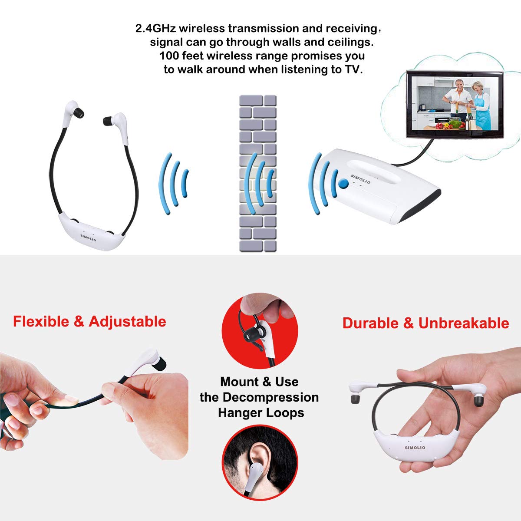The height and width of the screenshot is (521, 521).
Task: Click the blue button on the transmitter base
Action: click(343, 184)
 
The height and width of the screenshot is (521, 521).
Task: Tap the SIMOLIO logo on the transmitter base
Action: click(360, 179)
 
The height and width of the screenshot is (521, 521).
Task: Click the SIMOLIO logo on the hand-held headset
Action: click(415, 448)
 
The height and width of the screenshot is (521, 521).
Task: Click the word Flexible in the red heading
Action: click(41, 321)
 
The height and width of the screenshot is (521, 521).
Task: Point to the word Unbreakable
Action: click(464, 323)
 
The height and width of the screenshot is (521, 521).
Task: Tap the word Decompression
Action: click(270, 397)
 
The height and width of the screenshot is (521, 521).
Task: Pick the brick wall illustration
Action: click(258, 173)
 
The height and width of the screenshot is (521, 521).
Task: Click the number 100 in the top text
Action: click(169, 56)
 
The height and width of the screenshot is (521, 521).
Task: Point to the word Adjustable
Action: click(127, 322)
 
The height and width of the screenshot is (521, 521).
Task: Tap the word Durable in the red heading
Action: click(370, 323)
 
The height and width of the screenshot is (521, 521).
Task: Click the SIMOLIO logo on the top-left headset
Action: click(88, 237)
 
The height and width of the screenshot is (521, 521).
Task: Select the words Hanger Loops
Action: click(261, 413)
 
